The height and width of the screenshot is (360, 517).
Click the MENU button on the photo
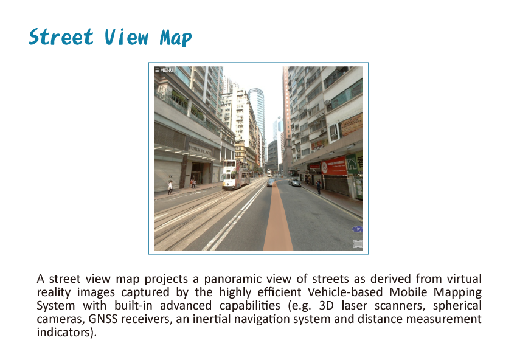coord(164,70)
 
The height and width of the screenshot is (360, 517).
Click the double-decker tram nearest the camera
coord(235,175)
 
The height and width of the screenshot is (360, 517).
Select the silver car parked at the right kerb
coord(294,182)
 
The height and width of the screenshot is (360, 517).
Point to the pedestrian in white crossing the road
coord(170,187)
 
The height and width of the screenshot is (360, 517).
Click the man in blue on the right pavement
coord(319,187)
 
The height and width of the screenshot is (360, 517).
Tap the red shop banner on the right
coord(334,166)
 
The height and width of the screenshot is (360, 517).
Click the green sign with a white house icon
coord(352,163)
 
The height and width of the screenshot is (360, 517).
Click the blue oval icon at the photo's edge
coord(358,229)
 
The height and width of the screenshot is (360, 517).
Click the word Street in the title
coord(61,36)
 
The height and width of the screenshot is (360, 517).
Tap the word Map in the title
coord(175,38)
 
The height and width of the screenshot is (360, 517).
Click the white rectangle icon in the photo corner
coord(358,244)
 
